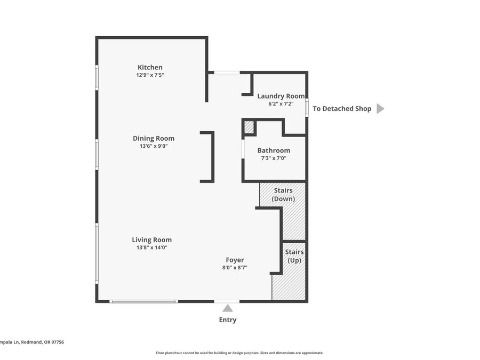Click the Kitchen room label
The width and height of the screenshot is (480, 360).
click(150, 67)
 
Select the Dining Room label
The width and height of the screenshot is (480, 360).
click(154, 138)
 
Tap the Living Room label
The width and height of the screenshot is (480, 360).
click(152, 240)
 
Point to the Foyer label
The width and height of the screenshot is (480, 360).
click(235, 260)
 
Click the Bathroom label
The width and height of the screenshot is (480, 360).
click(274, 150)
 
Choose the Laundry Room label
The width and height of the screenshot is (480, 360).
click(281, 96)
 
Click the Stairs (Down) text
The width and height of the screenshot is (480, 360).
click(284, 195)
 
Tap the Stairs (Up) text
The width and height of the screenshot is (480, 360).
click(294, 256)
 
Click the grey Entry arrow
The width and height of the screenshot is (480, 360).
click(227, 308)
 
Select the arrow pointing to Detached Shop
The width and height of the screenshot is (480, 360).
click(380, 109)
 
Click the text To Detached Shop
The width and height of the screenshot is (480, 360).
click(342, 109)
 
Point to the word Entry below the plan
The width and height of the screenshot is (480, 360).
click(228, 320)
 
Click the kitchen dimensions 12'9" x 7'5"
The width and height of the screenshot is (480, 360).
click(150, 75)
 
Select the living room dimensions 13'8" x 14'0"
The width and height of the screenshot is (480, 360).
click(152, 247)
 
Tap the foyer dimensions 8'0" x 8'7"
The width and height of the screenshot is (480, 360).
click(235, 268)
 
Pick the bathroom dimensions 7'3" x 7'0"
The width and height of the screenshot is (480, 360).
click(274, 158)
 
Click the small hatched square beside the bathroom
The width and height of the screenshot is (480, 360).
click(249, 127)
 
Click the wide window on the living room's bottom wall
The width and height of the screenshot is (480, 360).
click(143, 301)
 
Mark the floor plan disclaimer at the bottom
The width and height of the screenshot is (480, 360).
click(239, 353)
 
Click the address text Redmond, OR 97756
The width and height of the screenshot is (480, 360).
click(43, 342)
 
